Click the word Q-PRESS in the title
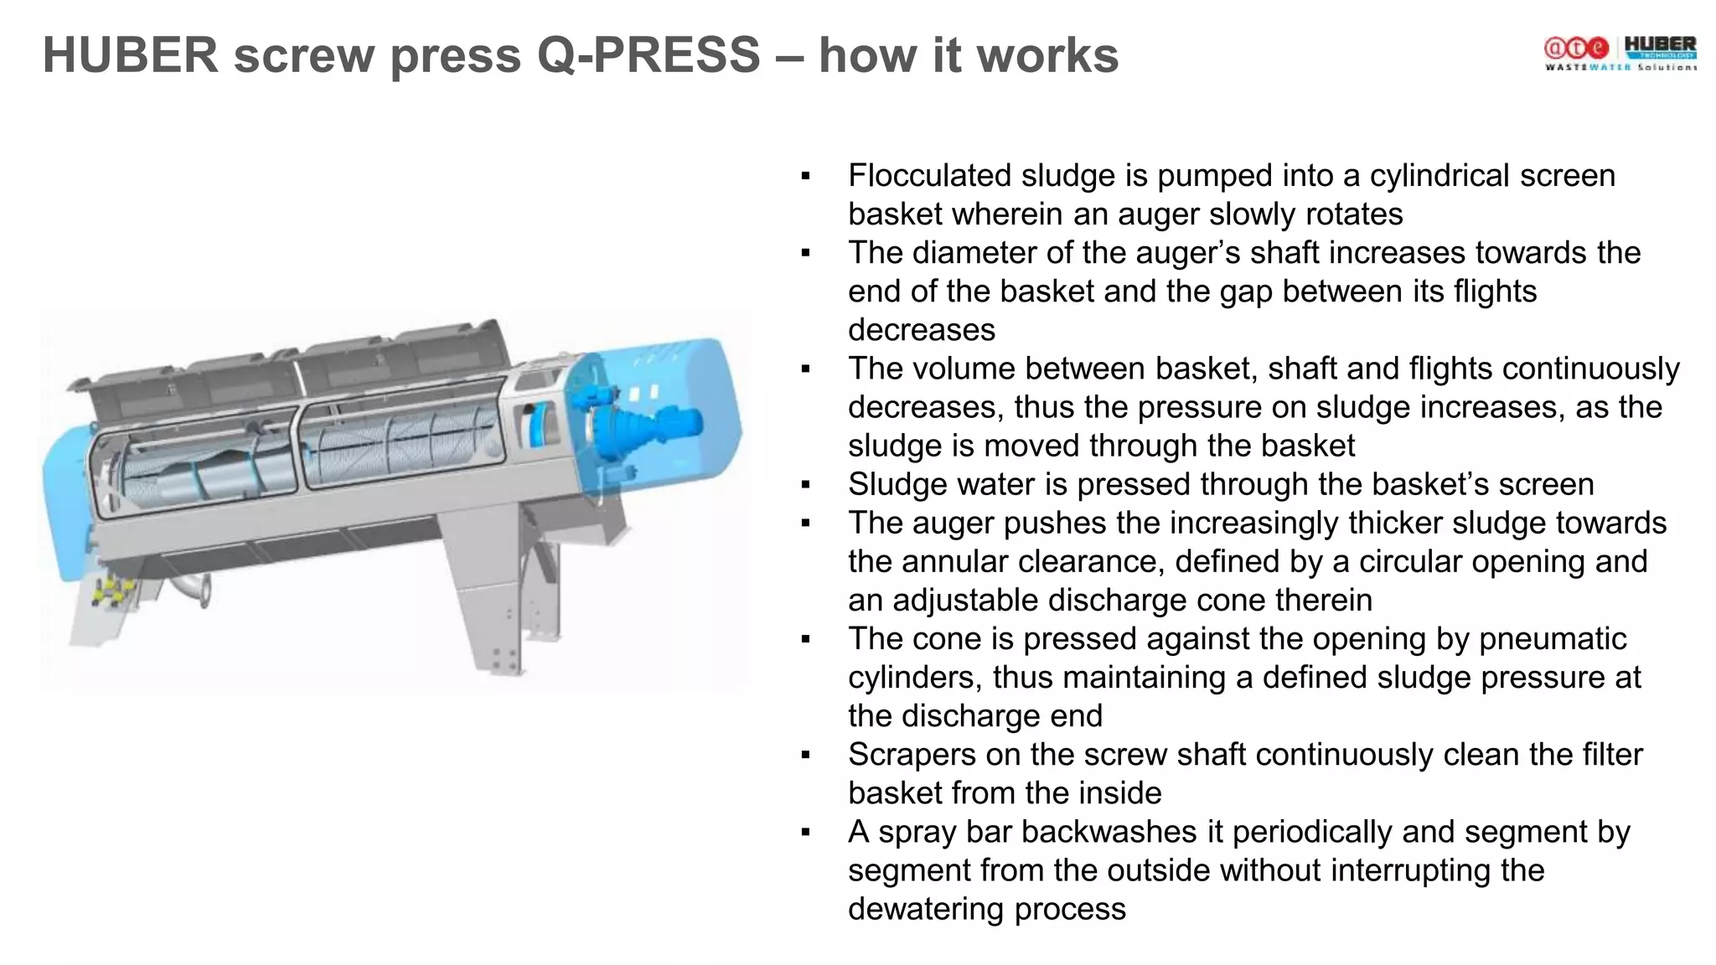tap(648, 55)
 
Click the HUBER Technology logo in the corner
tap(1660, 48)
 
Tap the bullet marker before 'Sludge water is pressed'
tap(806, 485)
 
